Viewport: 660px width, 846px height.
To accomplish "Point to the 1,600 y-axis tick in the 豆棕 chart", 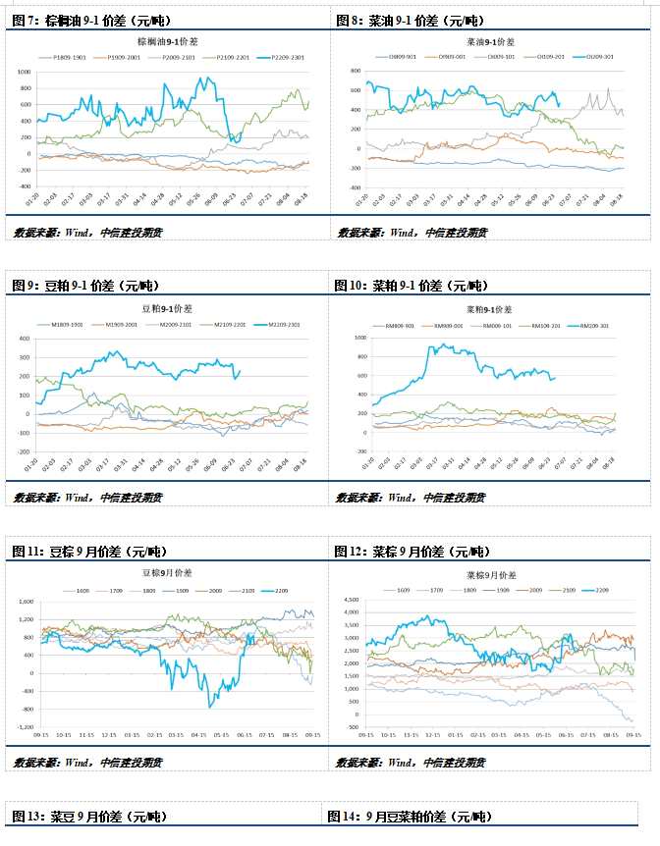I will pos(23,602).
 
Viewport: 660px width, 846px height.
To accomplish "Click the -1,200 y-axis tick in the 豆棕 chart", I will pos(23,727).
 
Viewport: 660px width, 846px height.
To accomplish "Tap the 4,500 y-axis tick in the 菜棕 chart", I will pos(352,599).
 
